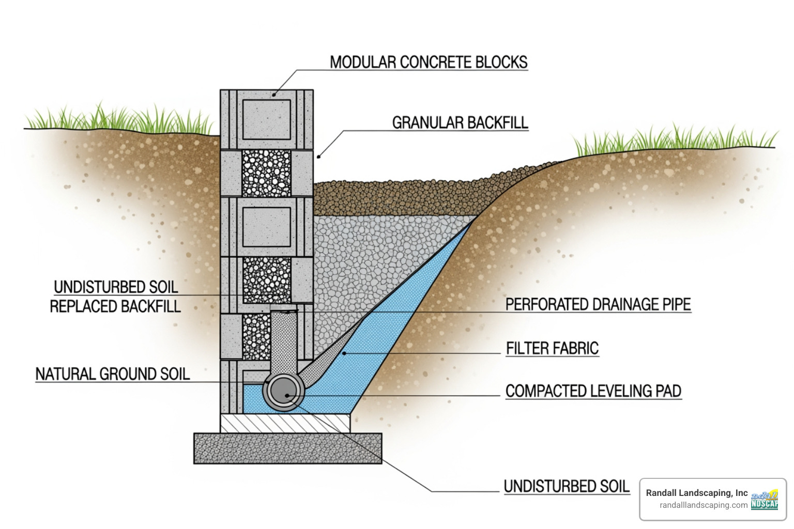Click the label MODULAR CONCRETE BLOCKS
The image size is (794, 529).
[429, 62]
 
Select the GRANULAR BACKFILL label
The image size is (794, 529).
[460, 122]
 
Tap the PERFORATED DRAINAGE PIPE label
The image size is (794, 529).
[598, 304]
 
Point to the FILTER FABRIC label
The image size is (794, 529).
[552, 348]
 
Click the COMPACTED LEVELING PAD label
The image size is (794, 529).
[593, 391]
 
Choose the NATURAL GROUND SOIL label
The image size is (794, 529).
[112, 374]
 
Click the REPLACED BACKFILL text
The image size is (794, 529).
[115, 306]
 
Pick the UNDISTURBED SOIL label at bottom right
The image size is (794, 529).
[567, 486]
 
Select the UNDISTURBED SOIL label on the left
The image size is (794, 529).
[116, 287]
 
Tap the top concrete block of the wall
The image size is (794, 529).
[266, 119]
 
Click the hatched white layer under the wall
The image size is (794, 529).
[285, 423]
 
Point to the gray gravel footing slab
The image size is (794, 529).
[287, 448]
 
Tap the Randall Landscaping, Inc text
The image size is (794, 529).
[696, 493]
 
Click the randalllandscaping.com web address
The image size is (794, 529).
[703, 505]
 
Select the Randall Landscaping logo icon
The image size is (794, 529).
[765, 500]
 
